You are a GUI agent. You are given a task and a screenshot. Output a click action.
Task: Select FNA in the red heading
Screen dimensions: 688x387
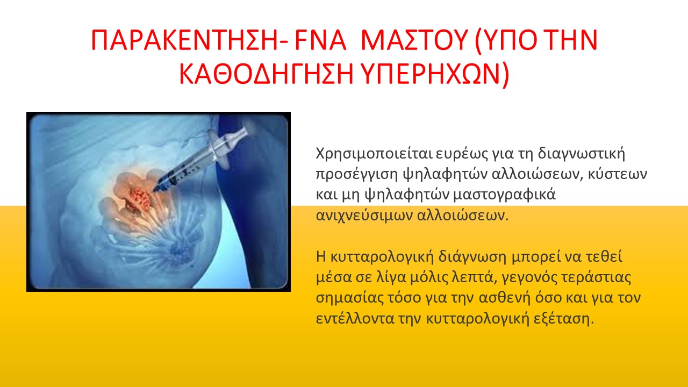pyautogui.click(x=320, y=40)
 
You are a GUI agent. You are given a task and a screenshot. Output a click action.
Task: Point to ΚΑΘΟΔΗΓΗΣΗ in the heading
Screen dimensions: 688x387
pyautogui.click(x=266, y=74)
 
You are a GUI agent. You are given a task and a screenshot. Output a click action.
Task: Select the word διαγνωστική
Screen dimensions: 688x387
pyautogui.click(x=581, y=154)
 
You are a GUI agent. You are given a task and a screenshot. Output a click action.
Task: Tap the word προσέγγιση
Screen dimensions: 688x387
pyautogui.click(x=357, y=175)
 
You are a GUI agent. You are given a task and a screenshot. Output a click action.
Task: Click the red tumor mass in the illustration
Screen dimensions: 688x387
pyautogui.click(x=140, y=199)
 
